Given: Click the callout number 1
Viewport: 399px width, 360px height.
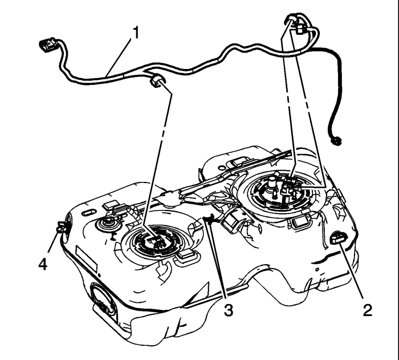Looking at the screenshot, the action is tap(136, 33).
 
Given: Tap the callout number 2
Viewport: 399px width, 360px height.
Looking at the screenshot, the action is tap(368, 310).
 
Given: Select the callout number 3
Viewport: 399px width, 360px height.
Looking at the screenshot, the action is tap(228, 310).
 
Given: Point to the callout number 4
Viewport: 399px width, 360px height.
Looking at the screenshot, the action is tap(43, 264).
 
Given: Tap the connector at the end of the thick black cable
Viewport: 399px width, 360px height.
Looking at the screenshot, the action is tap(336, 141).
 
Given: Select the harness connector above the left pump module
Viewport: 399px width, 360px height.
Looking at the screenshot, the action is tap(156, 80).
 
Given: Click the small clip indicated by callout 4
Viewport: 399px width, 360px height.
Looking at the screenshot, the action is tap(60, 226).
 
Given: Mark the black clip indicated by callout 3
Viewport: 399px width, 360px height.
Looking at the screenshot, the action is tap(210, 219).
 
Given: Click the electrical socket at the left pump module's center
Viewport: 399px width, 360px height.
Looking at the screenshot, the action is tap(157, 241).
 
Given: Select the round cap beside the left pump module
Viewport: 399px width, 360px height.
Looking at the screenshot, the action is tap(108, 224).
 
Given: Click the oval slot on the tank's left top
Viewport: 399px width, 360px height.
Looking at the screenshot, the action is tap(89, 212).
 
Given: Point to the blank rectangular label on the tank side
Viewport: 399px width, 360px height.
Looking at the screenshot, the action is tap(87, 258).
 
